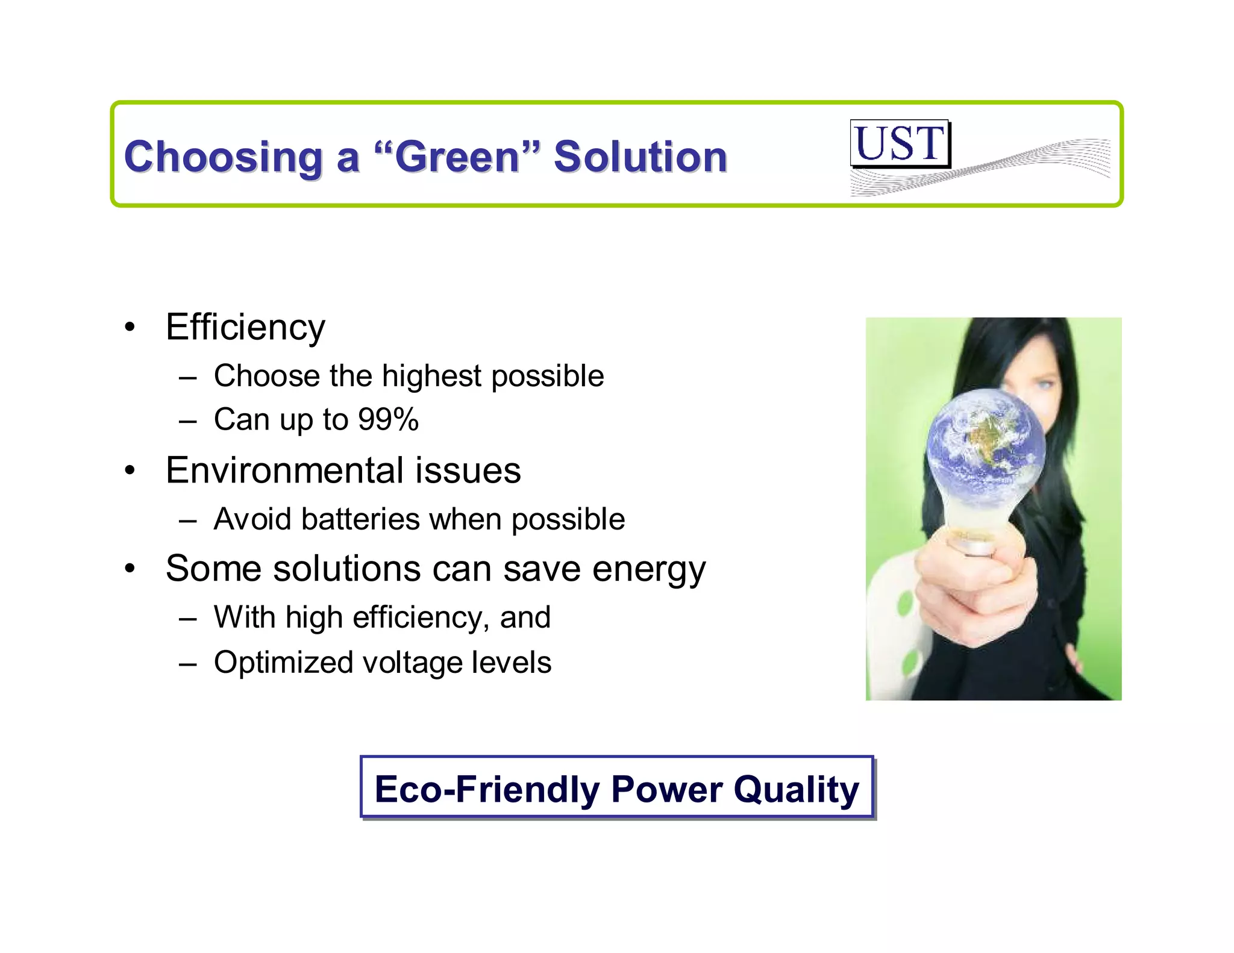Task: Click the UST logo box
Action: tap(900, 143)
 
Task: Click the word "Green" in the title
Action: tap(457, 157)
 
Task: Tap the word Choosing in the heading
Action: tap(223, 157)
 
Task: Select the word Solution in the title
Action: tap(640, 157)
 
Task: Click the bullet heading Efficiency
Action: tap(245, 328)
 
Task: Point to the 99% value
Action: tap(388, 419)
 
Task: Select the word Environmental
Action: tap(284, 470)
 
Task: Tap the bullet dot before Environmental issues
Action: tap(130, 471)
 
